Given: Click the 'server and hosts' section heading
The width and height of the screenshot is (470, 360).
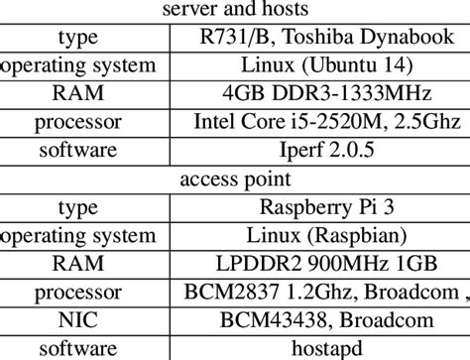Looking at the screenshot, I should coord(234,11).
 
